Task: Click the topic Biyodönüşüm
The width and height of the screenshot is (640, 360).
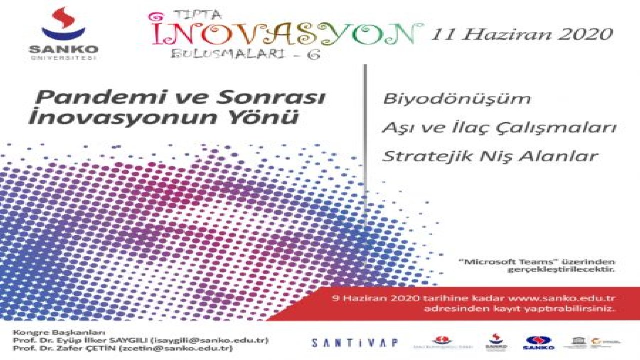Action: (x=457, y=98)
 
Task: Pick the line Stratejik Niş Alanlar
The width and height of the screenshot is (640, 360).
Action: (x=490, y=156)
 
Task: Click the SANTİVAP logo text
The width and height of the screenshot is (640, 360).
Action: (x=355, y=343)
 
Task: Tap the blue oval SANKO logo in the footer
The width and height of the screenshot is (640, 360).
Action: (x=538, y=342)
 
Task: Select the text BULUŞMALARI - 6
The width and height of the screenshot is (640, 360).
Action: (x=245, y=53)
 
